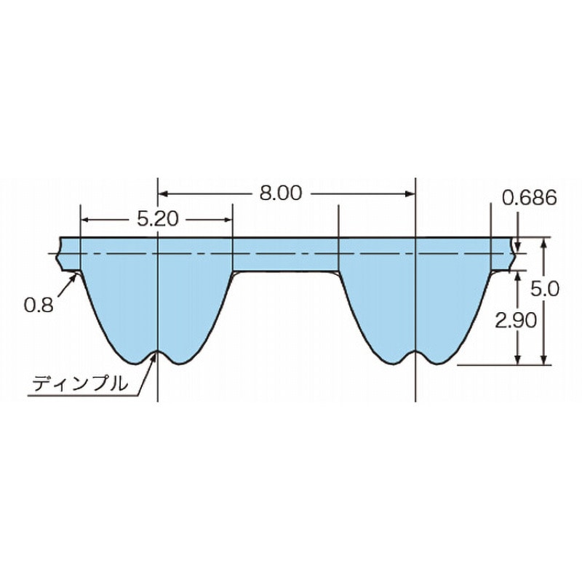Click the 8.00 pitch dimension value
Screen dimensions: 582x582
click(281, 194)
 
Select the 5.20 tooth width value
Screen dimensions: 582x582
click(158, 220)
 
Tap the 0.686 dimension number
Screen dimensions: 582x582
click(530, 197)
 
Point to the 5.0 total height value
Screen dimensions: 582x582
click(544, 288)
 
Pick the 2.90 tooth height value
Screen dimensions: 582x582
click(516, 320)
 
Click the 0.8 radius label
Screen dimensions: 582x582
click(39, 305)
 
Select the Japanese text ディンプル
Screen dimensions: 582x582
click(80, 383)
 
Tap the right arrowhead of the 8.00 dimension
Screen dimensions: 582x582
click(410, 194)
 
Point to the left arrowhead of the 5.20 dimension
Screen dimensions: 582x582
click(85, 220)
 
